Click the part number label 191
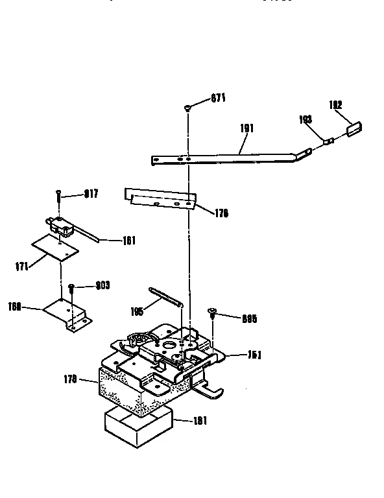(x=247, y=128)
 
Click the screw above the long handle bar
(x=187, y=108)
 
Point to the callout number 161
(x=128, y=241)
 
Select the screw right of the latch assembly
(x=211, y=314)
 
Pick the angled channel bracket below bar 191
(x=160, y=199)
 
